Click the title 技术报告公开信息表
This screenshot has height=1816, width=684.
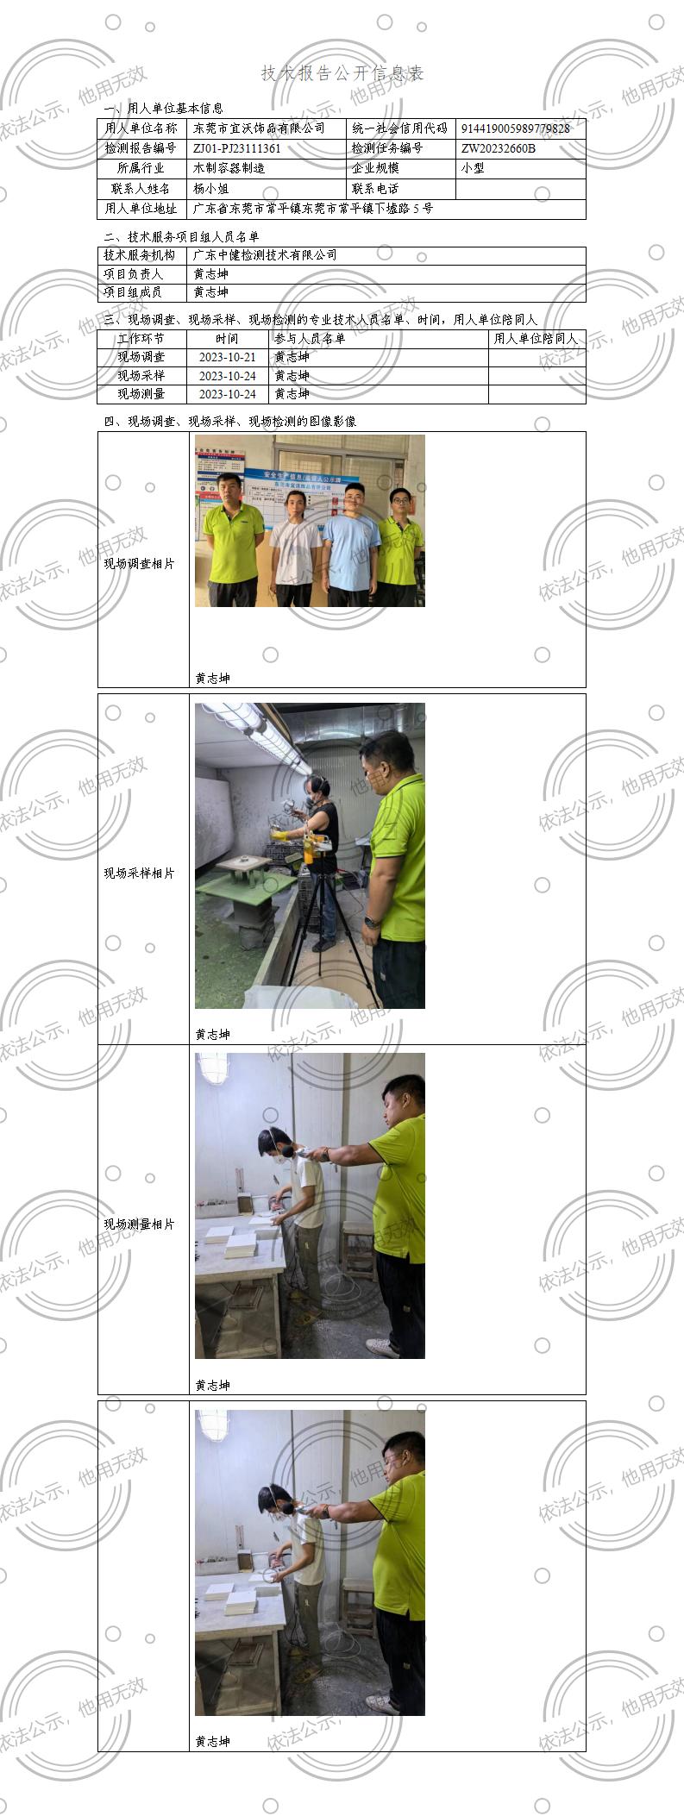coord(342,73)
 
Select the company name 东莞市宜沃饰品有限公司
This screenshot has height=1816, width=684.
coord(259,128)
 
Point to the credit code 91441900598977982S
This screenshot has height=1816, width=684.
coord(514,128)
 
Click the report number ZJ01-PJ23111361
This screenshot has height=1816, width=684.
coord(237,148)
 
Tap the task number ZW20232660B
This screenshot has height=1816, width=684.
coord(498,148)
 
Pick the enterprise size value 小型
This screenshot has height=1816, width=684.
coord(473,168)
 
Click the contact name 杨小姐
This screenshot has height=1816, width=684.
coord(210,188)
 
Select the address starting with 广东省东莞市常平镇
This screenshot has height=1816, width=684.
coord(312,209)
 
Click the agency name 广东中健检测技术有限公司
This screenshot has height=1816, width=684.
coord(265,255)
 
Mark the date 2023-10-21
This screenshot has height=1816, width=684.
coord(227,357)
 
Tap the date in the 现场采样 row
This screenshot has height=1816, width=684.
coord(227,376)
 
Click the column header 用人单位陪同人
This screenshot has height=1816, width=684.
coord(536,339)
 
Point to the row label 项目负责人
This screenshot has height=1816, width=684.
coord(134,274)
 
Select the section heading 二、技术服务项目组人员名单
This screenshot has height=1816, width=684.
coord(181,236)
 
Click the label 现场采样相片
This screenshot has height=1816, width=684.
coord(139,874)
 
